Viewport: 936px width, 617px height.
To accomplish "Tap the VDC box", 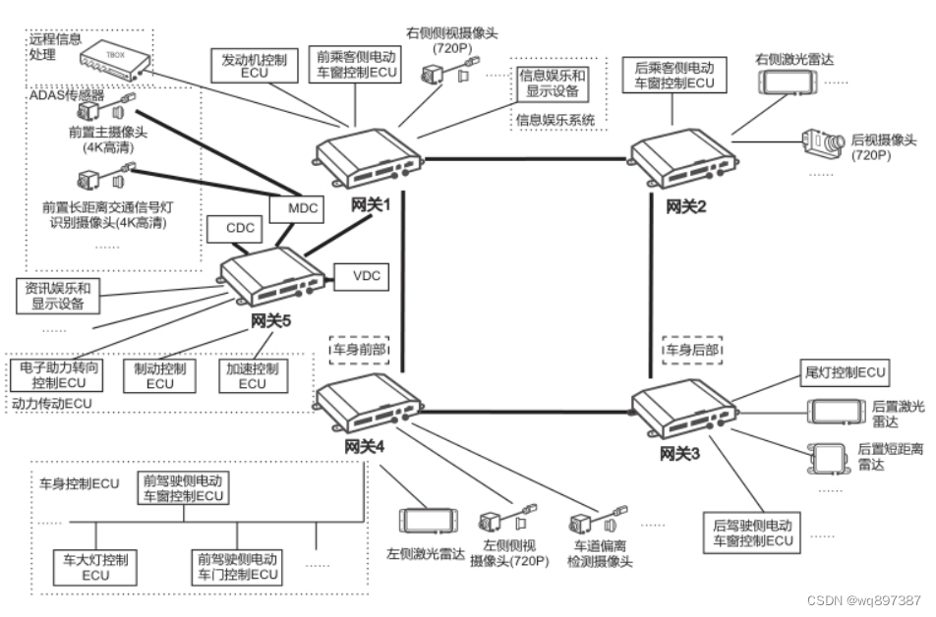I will (x=361, y=277).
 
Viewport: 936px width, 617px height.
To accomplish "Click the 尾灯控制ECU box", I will (x=846, y=372).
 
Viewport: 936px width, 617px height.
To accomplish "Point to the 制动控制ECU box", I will (x=159, y=376).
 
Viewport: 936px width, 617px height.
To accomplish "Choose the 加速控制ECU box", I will (x=252, y=376).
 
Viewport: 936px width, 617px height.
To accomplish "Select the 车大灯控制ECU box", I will (x=95, y=566).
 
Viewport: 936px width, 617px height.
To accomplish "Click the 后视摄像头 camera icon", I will (x=824, y=144).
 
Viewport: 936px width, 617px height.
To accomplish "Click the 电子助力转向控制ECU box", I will (x=60, y=374).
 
